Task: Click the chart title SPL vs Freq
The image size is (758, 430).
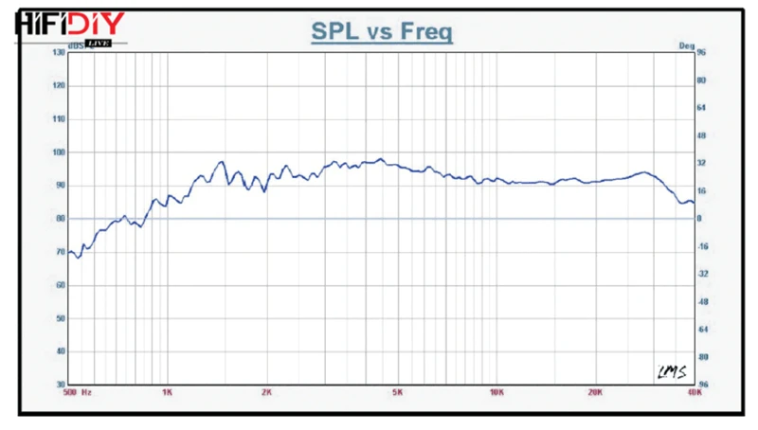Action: tap(382, 31)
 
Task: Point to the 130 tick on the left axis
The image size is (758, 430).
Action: tap(59, 52)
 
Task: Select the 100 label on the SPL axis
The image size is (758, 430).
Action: tap(59, 152)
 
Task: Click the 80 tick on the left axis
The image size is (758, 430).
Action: tap(60, 219)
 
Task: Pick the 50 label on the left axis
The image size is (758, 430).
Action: tap(60, 318)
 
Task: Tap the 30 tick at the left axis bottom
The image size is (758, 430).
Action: tap(60, 385)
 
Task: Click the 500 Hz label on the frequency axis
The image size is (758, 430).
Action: tap(75, 393)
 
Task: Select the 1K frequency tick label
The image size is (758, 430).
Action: tap(167, 393)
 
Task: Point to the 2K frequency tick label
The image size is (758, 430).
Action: tap(266, 393)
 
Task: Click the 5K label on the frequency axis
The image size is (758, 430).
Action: tap(398, 393)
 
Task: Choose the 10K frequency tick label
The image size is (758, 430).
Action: tap(496, 393)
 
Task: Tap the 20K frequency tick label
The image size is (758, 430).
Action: tap(596, 393)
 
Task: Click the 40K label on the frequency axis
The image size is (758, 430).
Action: tap(694, 393)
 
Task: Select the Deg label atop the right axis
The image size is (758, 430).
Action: tap(687, 45)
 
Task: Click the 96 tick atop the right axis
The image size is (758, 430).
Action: tap(702, 53)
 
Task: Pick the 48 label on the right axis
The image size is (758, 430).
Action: tap(703, 135)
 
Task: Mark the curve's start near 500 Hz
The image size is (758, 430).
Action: tap(68, 252)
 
